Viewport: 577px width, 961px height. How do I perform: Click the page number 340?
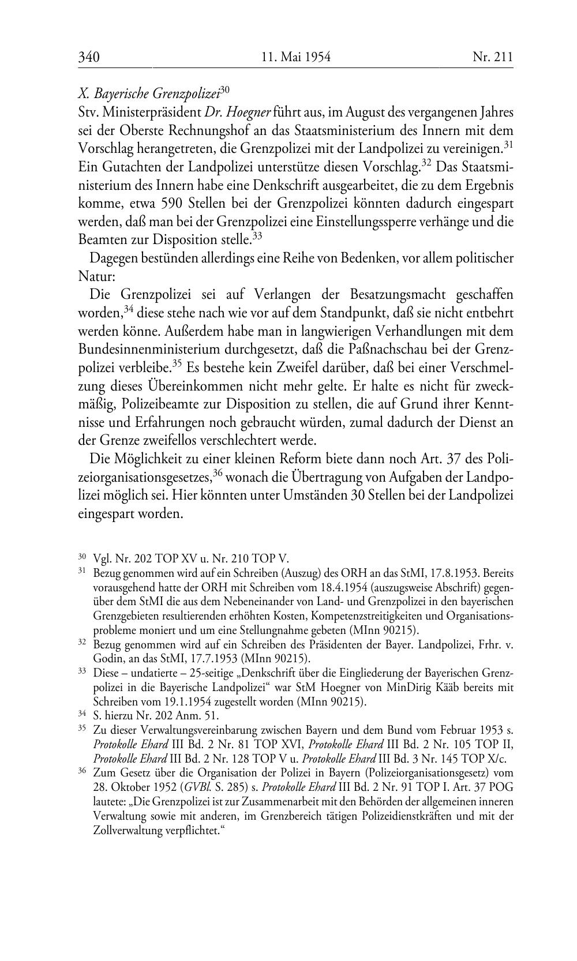(x=89, y=57)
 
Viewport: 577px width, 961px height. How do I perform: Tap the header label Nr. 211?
(x=492, y=57)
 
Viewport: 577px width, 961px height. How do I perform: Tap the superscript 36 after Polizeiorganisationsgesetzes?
(x=218, y=472)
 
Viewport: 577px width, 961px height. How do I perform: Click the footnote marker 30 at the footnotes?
(x=82, y=557)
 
